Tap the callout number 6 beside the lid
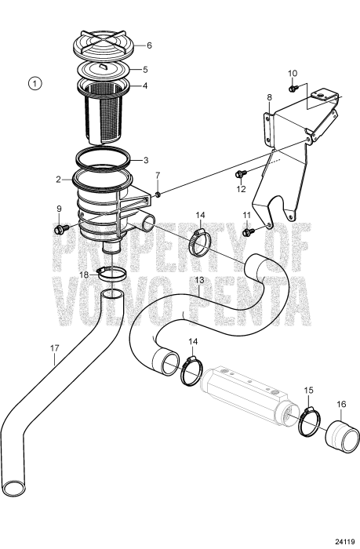click(x=149, y=45)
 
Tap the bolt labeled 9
click(x=60, y=231)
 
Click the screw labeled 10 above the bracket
click(x=292, y=88)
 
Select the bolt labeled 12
click(x=241, y=173)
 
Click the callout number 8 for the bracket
click(x=269, y=97)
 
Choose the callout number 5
click(x=144, y=68)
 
